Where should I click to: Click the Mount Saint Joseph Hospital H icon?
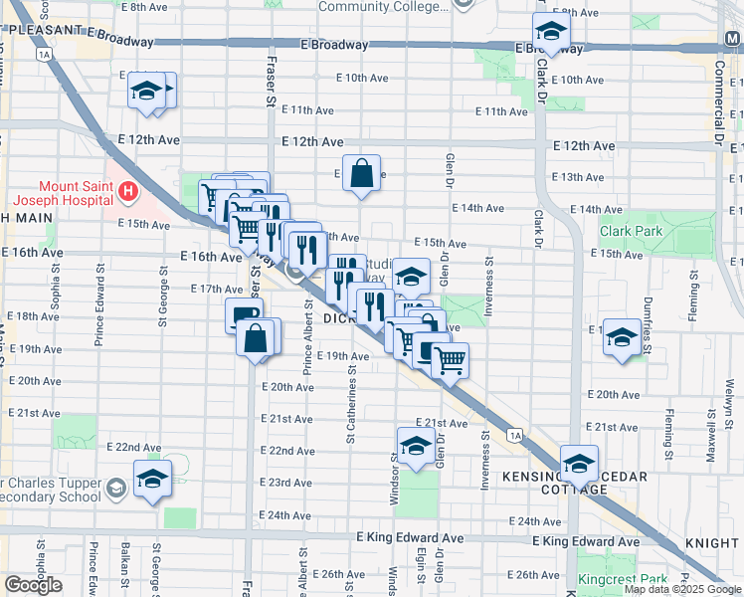click(x=126, y=190)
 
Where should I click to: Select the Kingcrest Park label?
click(x=611, y=579)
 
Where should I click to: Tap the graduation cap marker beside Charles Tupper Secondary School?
click(x=152, y=479)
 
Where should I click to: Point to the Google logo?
click(x=34, y=585)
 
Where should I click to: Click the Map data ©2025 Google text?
click(x=682, y=589)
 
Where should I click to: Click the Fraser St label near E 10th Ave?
click(x=271, y=82)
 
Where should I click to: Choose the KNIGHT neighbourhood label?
click(x=710, y=544)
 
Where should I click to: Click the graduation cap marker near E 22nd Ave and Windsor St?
click(x=415, y=444)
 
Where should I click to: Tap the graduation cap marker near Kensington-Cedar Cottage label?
click(x=578, y=462)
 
